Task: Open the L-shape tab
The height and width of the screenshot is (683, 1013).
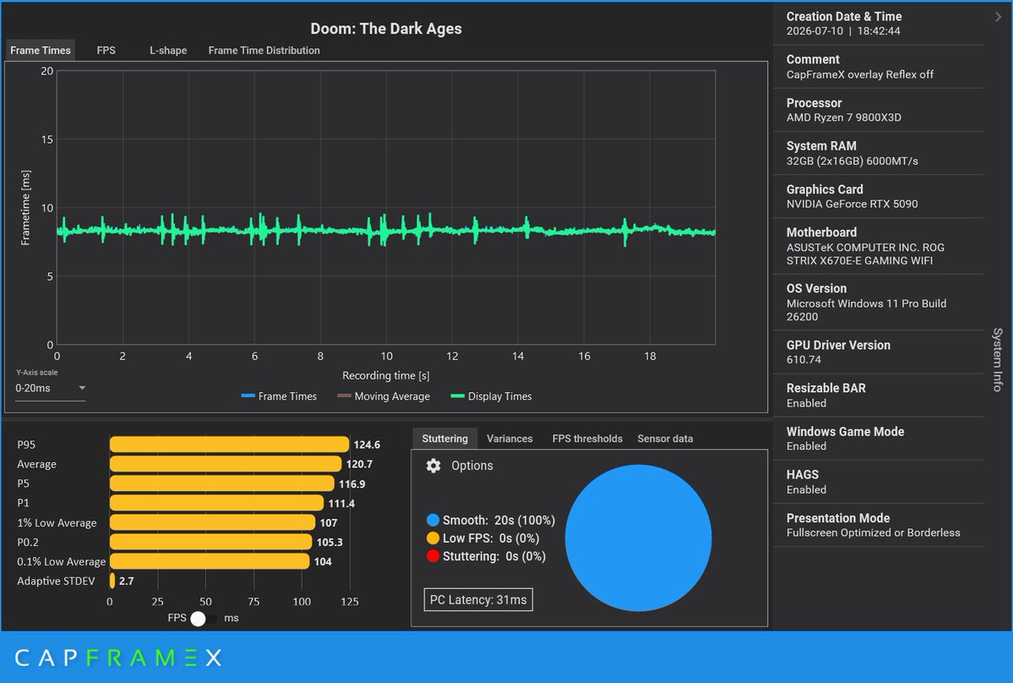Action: pyautogui.click(x=168, y=51)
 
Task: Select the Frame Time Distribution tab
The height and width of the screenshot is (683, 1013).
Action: pyautogui.click(x=264, y=51)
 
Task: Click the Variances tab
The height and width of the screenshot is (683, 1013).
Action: pyautogui.click(x=509, y=439)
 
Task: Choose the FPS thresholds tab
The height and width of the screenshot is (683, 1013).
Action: pyautogui.click(x=587, y=439)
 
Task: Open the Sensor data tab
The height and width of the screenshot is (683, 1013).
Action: pyautogui.click(x=665, y=439)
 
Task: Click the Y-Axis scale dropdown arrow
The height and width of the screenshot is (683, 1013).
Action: pyautogui.click(x=82, y=388)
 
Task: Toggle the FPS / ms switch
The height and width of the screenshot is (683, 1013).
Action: pyautogui.click(x=204, y=619)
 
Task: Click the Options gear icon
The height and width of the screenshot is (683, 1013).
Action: pyautogui.click(x=433, y=465)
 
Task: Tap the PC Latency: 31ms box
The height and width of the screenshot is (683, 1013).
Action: pyautogui.click(x=478, y=599)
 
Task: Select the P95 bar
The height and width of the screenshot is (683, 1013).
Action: pyautogui.click(x=229, y=445)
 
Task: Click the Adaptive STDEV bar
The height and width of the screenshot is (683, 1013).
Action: pyautogui.click(x=112, y=581)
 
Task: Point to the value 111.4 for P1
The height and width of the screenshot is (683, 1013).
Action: pyautogui.click(x=341, y=503)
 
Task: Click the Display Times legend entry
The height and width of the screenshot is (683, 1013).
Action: pyautogui.click(x=491, y=396)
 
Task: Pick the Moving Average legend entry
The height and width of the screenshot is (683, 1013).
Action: pyautogui.click(x=384, y=396)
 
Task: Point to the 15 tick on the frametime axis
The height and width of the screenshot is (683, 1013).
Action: pyautogui.click(x=47, y=139)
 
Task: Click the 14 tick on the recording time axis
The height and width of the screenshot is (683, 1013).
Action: pyautogui.click(x=518, y=356)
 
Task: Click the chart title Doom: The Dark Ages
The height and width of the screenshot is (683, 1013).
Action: pyautogui.click(x=386, y=29)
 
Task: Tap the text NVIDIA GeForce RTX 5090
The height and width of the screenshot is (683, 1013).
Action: pyautogui.click(x=852, y=205)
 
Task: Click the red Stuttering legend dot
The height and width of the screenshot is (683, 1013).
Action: pyautogui.click(x=433, y=556)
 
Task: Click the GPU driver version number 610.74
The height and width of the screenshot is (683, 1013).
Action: pyautogui.click(x=803, y=360)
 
